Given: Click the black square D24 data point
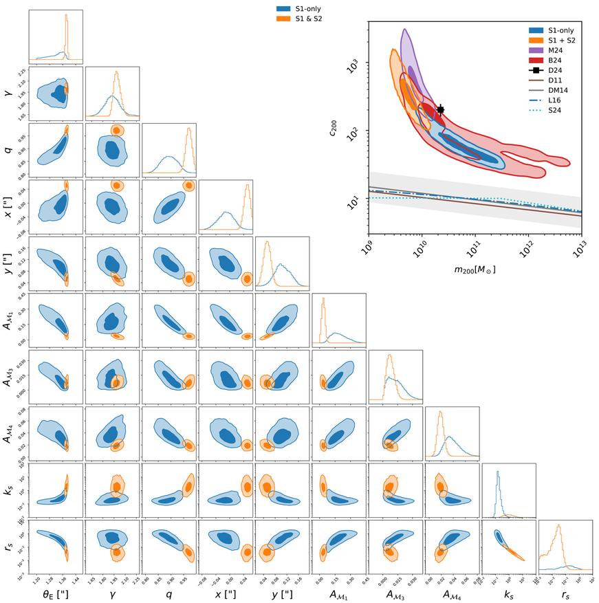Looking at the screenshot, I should pos(441,109).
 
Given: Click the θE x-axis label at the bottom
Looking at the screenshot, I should pos(56,595).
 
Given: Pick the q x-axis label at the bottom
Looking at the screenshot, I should pos(169,595).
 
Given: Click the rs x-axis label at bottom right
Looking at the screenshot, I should pos(566,595).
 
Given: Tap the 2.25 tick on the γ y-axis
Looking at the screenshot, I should pos(21,72).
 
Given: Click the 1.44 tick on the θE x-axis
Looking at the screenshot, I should pos(78,583).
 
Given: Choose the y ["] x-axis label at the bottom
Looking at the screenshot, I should pos(283,595).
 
